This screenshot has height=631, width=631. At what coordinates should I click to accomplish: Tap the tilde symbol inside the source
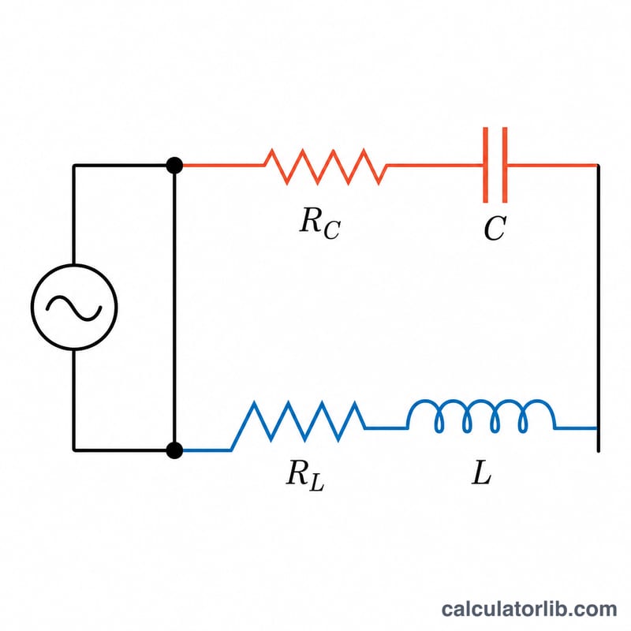(x=73, y=308)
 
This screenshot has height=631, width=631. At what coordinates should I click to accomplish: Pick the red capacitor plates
(x=495, y=165)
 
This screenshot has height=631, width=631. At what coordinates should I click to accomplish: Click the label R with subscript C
(x=320, y=223)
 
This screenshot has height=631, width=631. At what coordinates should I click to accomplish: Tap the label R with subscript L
(x=305, y=475)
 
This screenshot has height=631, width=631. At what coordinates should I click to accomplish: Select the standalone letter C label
(x=495, y=228)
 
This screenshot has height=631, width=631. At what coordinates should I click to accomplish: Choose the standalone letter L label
(x=481, y=472)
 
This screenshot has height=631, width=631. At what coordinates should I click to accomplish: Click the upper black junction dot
(x=174, y=166)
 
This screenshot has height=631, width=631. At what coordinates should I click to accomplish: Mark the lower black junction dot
(x=174, y=450)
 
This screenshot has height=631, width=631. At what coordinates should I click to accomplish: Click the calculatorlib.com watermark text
(x=528, y=609)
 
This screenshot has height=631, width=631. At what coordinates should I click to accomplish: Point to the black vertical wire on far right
(x=599, y=308)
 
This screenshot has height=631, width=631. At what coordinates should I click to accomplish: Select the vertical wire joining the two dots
(x=174, y=308)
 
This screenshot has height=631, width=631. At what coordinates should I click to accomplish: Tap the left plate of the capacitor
(x=486, y=165)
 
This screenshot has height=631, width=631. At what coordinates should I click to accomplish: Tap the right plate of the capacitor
(x=505, y=165)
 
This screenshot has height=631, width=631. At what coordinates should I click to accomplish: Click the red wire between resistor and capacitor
(x=435, y=165)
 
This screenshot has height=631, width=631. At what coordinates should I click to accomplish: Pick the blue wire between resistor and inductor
(x=386, y=428)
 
